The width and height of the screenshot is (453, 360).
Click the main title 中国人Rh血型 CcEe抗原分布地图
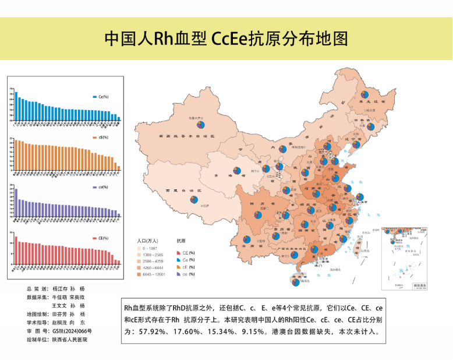click(x=226, y=38)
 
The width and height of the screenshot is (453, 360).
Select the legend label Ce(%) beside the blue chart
click(x=104, y=97)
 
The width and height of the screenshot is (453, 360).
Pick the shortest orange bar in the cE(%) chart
click(x=119, y=168)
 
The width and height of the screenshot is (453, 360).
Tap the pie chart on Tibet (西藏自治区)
click(x=193, y=200)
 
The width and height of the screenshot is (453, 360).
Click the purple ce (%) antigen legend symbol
click(x=178, y=274)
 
